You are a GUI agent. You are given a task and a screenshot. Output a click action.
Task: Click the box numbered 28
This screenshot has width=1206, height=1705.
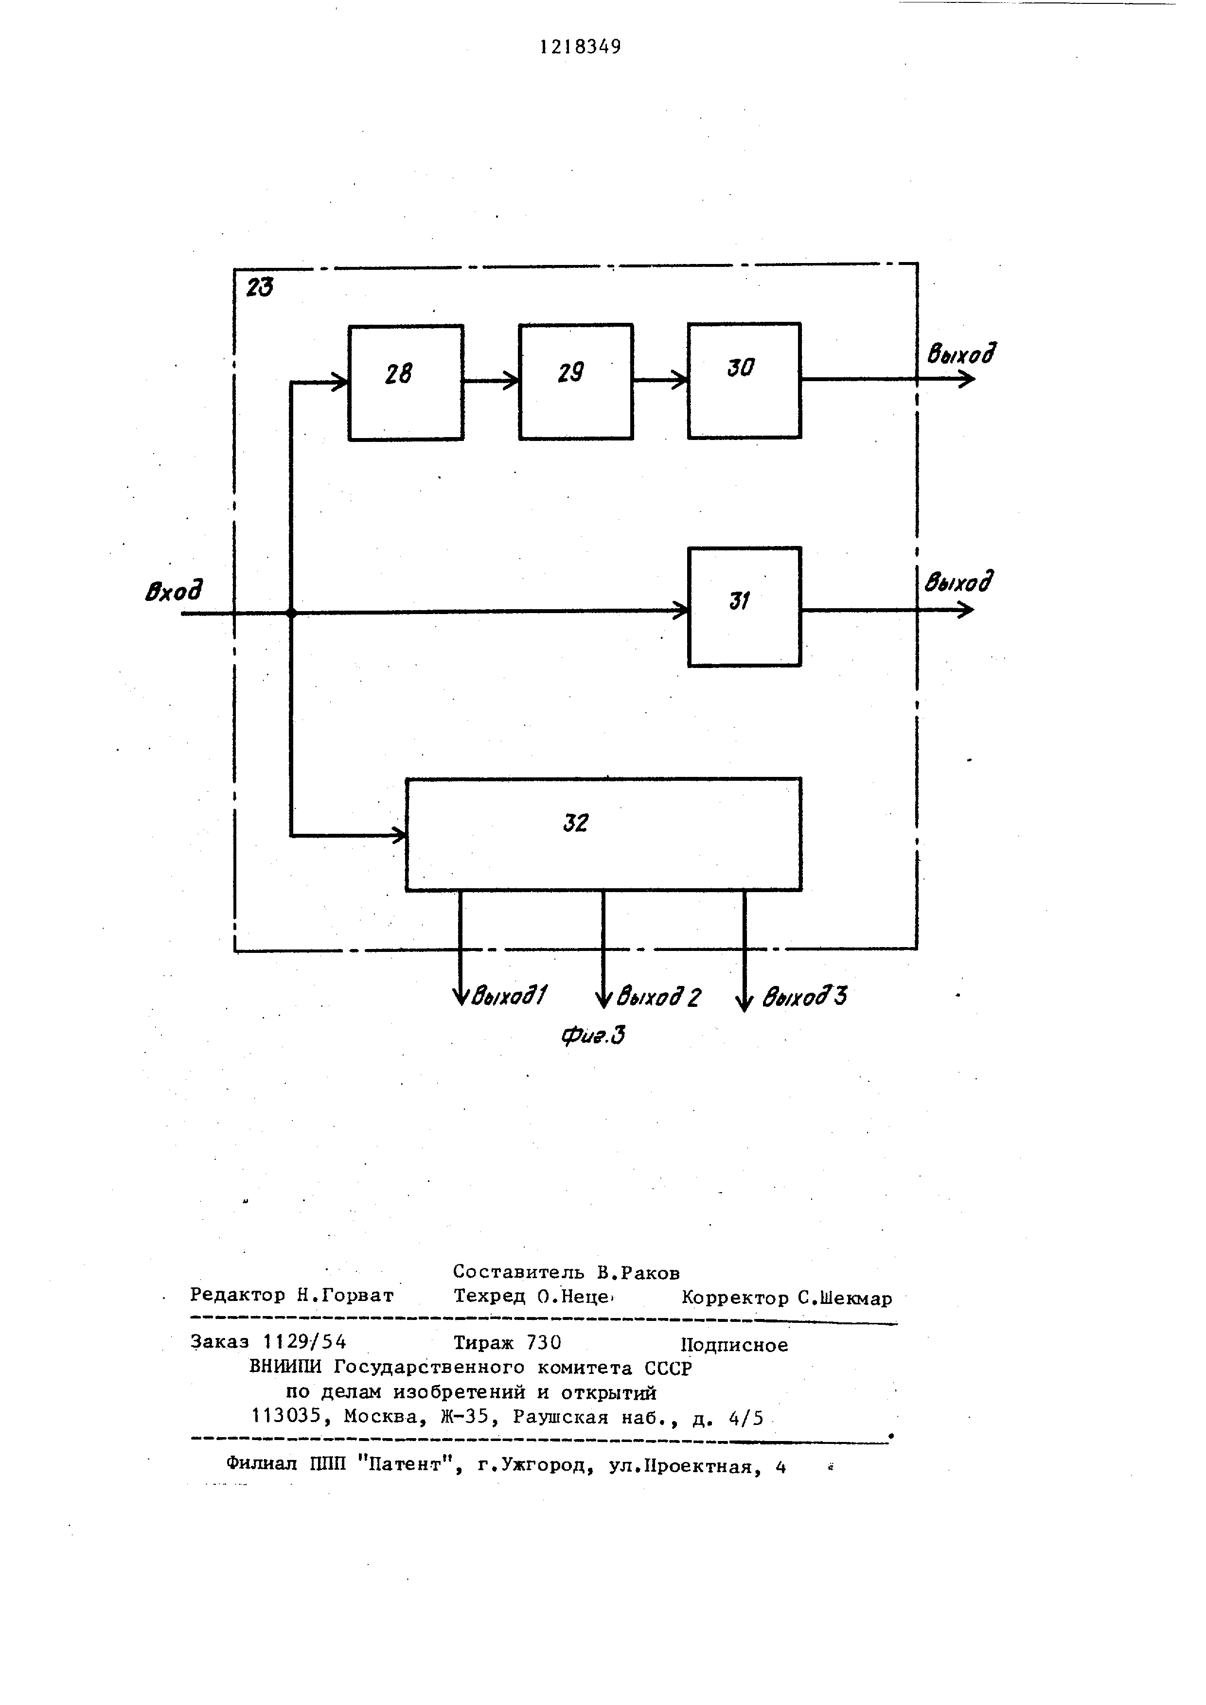[406, 383]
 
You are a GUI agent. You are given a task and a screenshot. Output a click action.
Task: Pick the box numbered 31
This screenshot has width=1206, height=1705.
[744, 607]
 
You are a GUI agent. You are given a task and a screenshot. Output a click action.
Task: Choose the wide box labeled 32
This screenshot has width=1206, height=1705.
[603, 834]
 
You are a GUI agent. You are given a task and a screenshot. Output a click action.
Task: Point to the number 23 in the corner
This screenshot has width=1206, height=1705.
[259, 287]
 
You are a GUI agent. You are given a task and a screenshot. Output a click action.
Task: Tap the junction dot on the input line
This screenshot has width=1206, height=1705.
[291, 613]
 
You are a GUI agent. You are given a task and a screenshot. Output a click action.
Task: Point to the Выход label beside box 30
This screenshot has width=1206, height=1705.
[960, 354]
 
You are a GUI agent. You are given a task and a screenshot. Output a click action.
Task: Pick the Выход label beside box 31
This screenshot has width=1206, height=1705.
[958, 581]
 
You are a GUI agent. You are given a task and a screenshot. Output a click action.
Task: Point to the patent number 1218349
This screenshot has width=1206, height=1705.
[580, 47]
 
